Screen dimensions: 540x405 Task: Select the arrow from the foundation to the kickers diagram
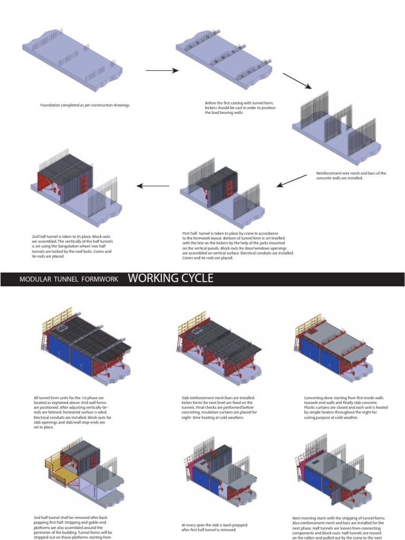coord(162,70)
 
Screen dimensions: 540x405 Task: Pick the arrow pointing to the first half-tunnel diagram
coord(292,181)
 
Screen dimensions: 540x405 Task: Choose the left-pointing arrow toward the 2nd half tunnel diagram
coord(153,186)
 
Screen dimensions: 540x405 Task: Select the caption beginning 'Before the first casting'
coord(240,108)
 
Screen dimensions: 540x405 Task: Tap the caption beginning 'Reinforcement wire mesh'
coord(351,176)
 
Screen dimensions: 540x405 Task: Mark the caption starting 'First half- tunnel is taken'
coord(237,245)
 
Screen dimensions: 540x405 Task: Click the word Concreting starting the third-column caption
coord(315,398)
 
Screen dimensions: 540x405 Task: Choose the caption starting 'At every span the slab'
coord(214,528)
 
